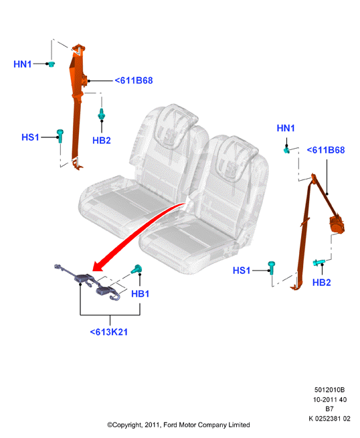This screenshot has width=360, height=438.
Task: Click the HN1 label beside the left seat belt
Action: coord(23,64)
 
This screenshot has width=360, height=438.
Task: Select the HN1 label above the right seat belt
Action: coord(286,128)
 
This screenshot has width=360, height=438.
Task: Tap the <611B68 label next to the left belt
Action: coord(134,80)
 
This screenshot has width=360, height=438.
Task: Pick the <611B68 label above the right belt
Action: coord(326,150)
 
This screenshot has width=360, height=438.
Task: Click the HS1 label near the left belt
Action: coord(30,137)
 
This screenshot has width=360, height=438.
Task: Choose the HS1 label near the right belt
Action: coord(242,271)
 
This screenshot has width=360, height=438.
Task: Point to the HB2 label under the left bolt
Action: coord(102,140)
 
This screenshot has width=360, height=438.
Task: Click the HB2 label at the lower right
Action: coord(321,283)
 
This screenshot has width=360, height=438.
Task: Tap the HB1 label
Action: coord(141,294)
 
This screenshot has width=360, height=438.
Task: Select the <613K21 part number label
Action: coord(109,332)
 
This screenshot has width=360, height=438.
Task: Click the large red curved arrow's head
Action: coord(98,266)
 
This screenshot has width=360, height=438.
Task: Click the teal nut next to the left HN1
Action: coord(51,64)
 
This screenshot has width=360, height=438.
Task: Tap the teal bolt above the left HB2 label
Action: coord(102,114)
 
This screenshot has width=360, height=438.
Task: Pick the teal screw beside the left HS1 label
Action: coord(60,136)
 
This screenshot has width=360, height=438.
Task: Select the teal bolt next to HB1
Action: coord(137,269)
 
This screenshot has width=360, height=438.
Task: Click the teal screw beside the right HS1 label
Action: coord(271,268)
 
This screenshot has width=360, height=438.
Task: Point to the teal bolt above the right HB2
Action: coord(319,263)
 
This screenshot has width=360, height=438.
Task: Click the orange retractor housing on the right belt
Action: coord(337,223)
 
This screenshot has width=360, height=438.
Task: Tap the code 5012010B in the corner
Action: coord(330,390)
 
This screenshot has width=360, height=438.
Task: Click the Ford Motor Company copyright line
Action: coord(179,425)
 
